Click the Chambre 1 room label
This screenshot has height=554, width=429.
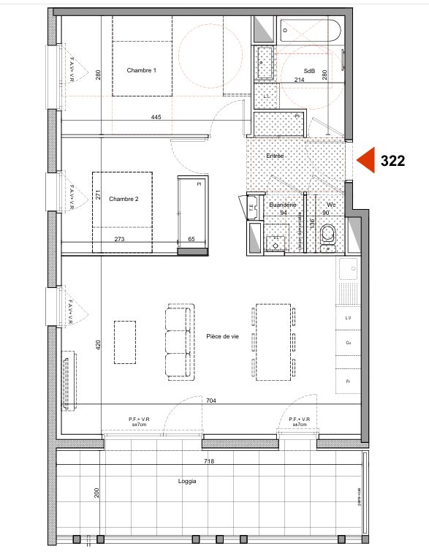141,70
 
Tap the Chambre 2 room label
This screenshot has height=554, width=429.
124,199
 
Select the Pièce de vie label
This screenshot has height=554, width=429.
223,335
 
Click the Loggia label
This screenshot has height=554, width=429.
186,481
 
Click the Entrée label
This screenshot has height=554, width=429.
274,156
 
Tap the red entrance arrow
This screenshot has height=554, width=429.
365,161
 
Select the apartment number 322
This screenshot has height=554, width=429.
392,162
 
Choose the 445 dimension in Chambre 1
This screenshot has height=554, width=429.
156,117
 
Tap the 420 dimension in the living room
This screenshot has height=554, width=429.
97,346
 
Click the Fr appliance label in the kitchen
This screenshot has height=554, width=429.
348,382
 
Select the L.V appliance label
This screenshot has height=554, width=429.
348,319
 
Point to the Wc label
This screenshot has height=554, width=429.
330,205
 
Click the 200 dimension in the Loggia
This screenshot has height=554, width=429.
96,492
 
